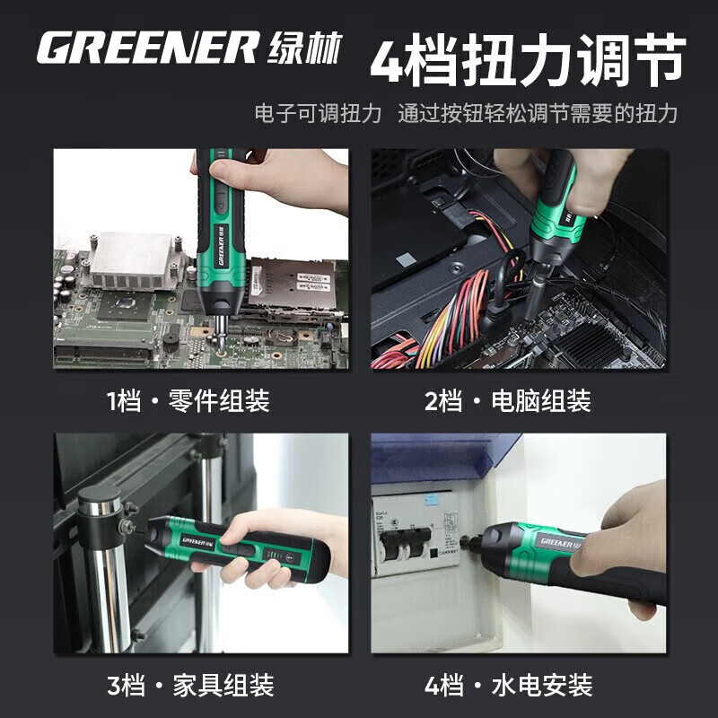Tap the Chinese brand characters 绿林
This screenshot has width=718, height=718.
click(x=305, y=48)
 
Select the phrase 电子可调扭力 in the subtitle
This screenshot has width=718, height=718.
click(x=319, y=114)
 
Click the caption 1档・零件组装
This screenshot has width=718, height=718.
click(x=188, y=400)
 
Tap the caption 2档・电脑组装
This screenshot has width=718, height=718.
click(x=508, y=400)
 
